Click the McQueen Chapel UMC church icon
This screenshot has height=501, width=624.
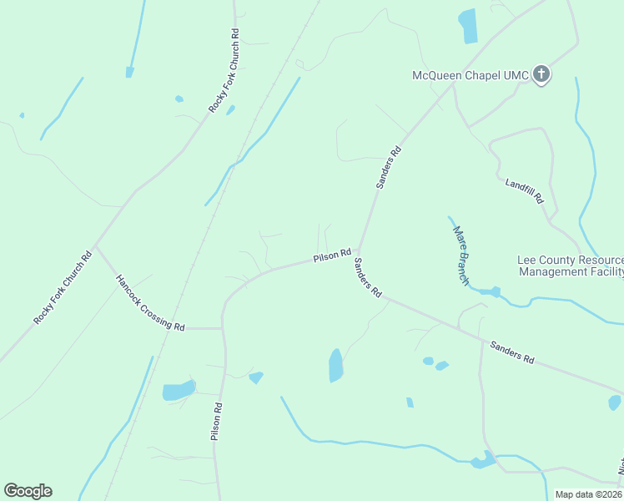[x=541, y=75]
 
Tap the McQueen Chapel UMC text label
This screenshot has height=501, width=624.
[x=471, y=76]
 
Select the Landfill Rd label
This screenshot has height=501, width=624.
[x=525, y=191]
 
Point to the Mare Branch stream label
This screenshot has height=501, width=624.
[x=460, y=255]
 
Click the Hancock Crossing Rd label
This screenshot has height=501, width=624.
[x=150, y=303]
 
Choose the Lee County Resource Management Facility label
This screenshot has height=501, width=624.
[x=571, y=266]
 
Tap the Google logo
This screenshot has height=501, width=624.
[x=28, y=491]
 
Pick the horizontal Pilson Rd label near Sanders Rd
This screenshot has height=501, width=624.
[x=332, y=257]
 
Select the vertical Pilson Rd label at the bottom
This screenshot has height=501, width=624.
[x=216, y=422]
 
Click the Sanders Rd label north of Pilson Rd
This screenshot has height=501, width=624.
[x=389, y=167]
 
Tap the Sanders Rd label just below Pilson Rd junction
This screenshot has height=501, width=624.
[x=367, y=278]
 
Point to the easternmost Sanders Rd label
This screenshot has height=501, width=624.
[x=511, y=352]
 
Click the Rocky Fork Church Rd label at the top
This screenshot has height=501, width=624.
[x=224, y=71]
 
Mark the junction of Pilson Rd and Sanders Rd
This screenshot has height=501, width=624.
[x=359, y=250]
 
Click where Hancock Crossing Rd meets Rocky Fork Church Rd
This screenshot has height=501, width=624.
[x=96, y=245]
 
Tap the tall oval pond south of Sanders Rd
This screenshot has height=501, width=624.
[x=335, y=365]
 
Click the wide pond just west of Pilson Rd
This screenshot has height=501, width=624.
[x=179, y=390]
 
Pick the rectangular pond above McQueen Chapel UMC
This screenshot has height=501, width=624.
[x=468, y=26]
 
